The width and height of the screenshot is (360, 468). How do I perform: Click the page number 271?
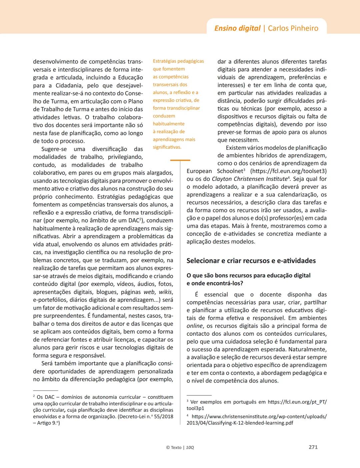click(313, 447)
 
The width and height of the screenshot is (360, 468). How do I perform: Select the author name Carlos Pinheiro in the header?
click(293, 28)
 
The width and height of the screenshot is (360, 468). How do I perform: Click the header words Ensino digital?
click(237, 28)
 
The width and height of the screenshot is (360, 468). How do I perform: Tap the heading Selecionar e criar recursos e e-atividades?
click(251, 261)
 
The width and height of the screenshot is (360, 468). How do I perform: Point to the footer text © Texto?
click(174, 447)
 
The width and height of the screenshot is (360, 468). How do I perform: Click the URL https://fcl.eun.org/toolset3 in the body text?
click(288, 171)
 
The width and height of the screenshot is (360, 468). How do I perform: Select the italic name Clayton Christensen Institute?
click(249, 179)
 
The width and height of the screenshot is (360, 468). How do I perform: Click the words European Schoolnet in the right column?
click(214, 171)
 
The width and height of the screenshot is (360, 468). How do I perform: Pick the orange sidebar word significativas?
click(167, 147)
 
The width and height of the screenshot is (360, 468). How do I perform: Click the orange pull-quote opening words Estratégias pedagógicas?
click(178, 61)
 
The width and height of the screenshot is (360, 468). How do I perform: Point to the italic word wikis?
click(165, 292)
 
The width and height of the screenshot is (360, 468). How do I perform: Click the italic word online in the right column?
click(194, 326)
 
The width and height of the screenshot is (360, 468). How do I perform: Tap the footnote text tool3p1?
click(195, 408)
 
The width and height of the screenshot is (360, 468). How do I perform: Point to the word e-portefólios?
click(50, 300)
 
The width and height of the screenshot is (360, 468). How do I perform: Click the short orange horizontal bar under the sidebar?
click(180, 160)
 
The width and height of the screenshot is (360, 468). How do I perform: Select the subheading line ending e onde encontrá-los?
click(215, 283)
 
